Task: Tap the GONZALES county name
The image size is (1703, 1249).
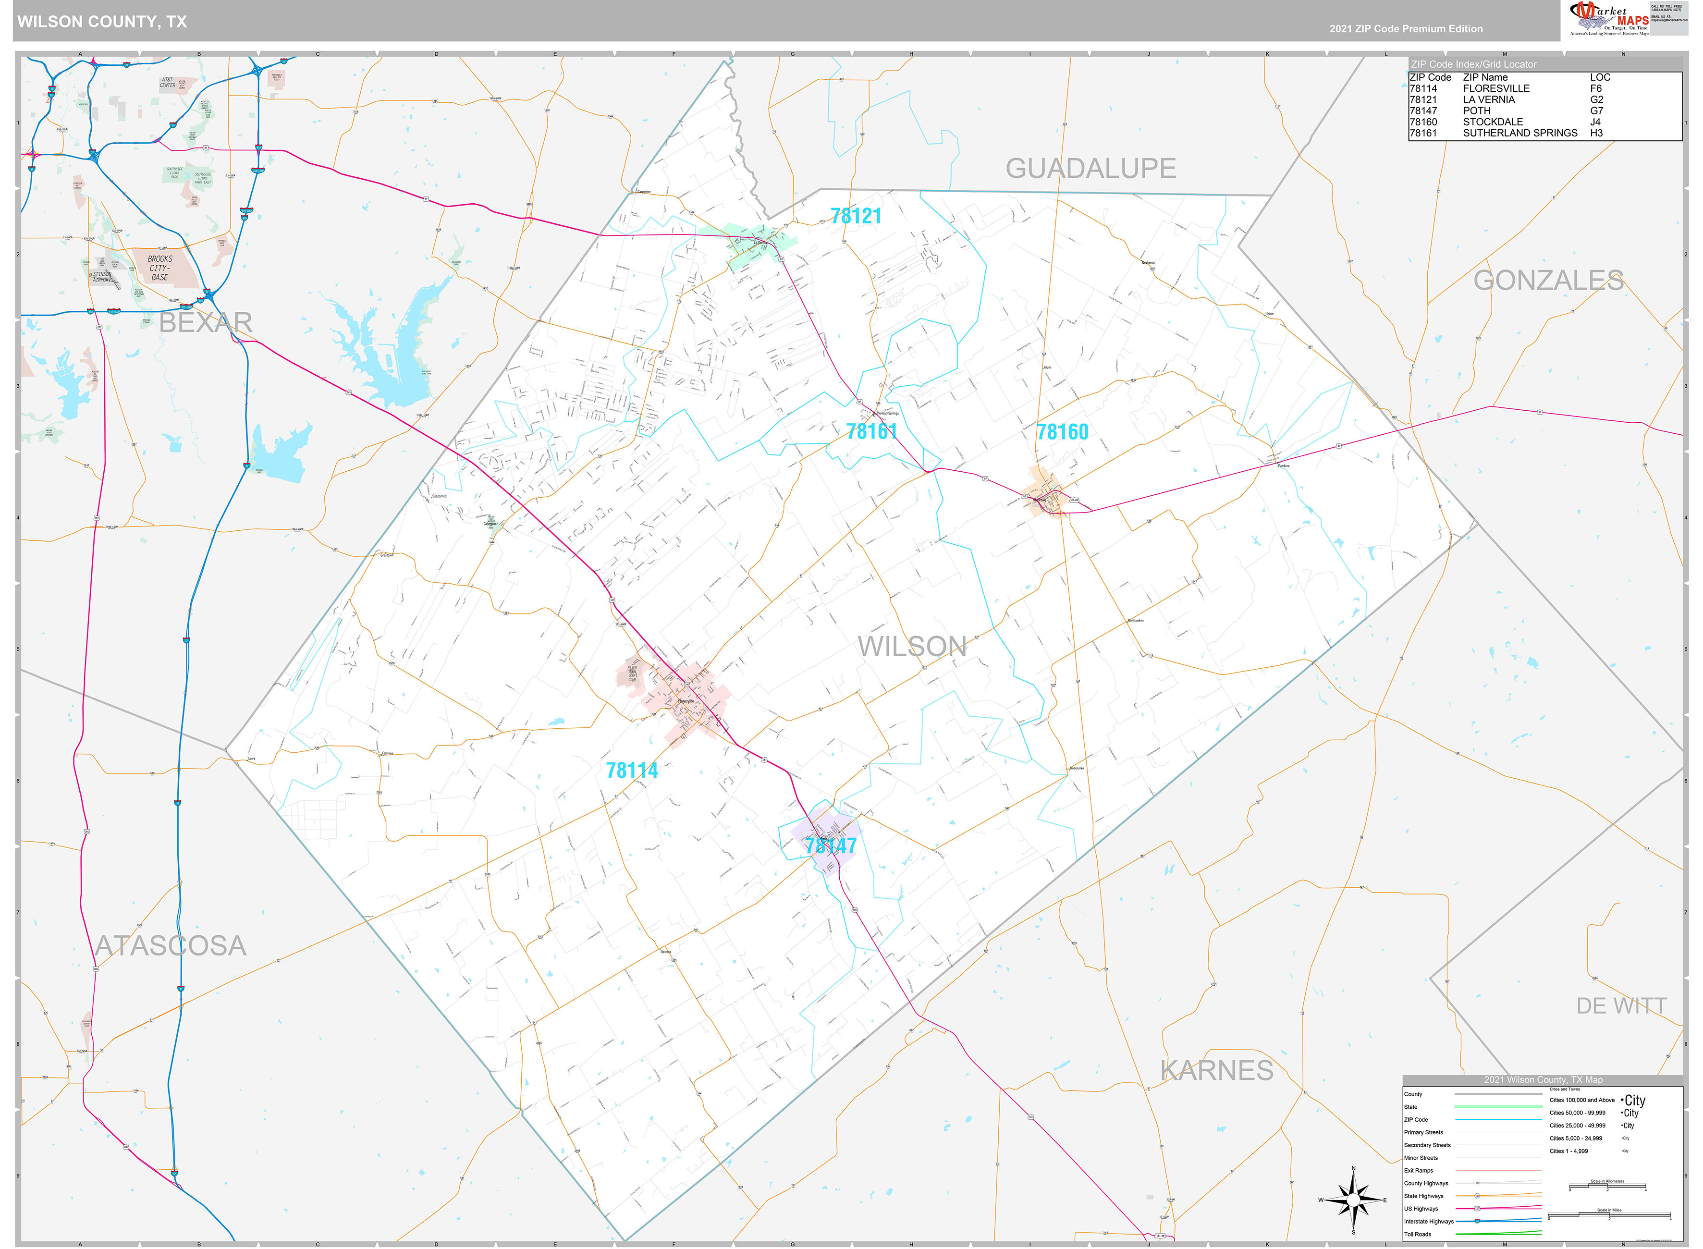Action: (x=1548, y=281)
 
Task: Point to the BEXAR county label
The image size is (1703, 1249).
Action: (x=205, y=323)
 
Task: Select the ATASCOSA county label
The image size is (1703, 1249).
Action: (x=171, y=946)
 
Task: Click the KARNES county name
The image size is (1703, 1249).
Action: (x=1216, y=1071)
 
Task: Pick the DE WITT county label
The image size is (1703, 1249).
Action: (x=1620, y=1005)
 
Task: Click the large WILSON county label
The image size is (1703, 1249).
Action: (x=912, y=647)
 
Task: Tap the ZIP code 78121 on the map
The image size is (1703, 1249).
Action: (x=856, y=216)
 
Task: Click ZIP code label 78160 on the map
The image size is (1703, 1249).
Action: (x=1062, y=432)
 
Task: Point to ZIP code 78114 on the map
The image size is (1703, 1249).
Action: (x=632, y=771)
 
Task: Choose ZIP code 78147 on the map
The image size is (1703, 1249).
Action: (x=831, y=846)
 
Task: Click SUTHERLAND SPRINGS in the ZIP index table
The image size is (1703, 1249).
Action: (x=1519, y=133)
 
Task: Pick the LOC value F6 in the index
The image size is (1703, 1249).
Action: (x=1596, y=88)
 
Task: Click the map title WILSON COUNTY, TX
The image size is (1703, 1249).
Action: (x=102, y=22)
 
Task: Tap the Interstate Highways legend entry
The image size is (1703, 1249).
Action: (x=1429, y=1221)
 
